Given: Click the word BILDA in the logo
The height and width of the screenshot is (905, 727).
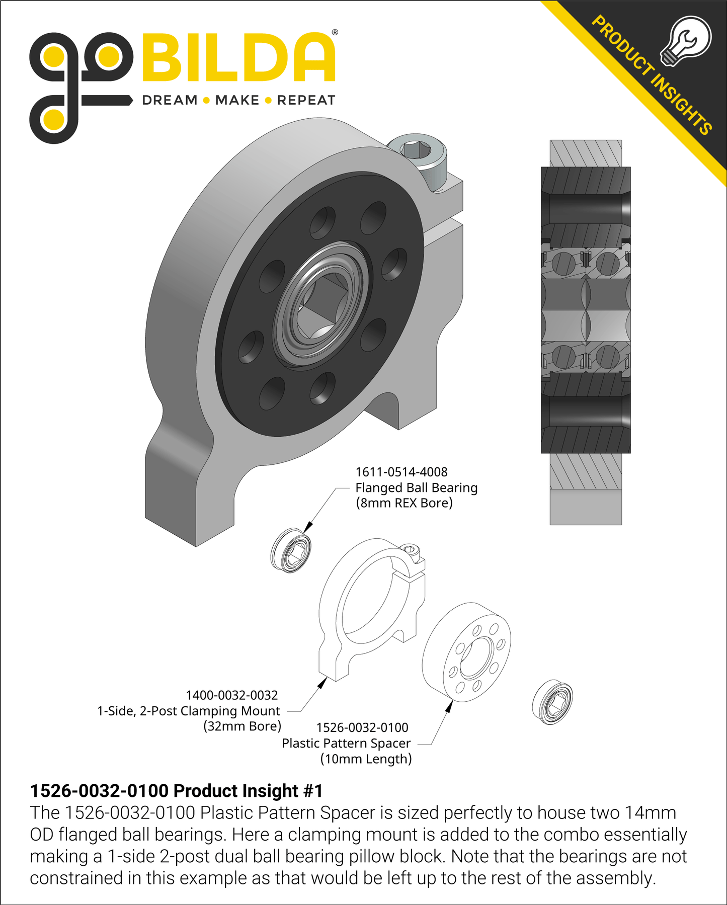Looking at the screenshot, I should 238,58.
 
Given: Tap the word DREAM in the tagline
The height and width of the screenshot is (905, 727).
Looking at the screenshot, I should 170,100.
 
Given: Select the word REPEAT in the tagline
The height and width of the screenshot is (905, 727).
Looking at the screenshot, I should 306,100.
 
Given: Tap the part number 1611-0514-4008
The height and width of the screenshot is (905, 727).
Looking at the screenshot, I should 401,472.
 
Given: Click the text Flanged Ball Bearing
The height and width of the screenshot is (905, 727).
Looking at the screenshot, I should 416,487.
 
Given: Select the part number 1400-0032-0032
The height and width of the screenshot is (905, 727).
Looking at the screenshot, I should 231,695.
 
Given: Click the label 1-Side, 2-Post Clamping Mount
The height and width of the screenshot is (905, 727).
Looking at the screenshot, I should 188,711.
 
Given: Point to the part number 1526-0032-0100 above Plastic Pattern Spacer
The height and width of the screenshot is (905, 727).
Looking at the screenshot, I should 362,727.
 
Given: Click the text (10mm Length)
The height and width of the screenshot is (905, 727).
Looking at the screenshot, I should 366,759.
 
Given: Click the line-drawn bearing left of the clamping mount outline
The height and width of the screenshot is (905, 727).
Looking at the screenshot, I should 291,550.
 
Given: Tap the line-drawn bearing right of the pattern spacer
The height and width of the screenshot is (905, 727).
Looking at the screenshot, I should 552,702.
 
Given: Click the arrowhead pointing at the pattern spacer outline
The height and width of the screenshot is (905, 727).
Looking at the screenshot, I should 449,707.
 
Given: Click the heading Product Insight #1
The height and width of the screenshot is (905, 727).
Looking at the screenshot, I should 176,791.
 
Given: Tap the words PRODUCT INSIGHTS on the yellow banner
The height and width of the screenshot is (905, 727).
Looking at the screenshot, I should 651,75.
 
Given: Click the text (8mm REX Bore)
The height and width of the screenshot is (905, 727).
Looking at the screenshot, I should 404,503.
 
